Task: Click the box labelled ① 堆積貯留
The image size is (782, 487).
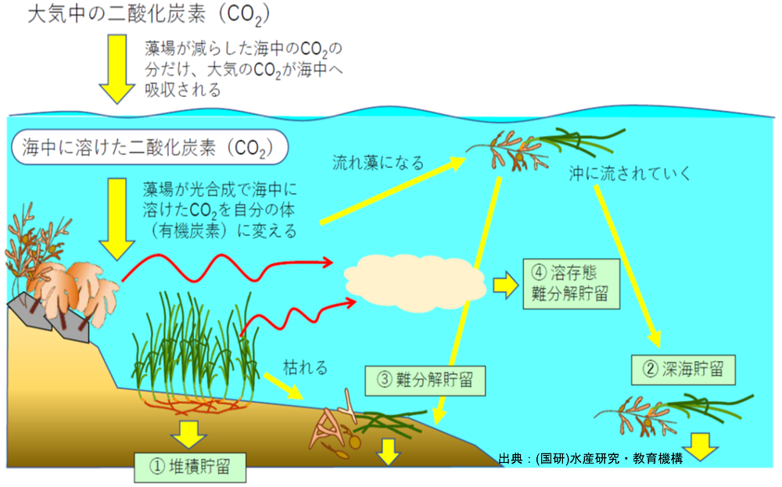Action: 190,467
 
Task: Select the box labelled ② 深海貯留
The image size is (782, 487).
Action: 683,370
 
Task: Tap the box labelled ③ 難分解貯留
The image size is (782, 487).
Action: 425,381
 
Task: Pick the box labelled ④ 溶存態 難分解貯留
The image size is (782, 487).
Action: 572,284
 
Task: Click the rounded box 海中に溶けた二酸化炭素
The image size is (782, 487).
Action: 149,148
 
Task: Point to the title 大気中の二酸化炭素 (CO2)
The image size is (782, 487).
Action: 149,15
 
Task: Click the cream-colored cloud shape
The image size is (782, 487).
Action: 415,283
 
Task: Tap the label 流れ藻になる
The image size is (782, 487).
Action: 378,163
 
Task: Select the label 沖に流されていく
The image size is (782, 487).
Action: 630,174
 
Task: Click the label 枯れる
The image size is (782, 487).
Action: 305,368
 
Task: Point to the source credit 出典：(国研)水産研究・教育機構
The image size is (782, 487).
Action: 590,459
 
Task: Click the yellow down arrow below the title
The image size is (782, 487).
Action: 117,69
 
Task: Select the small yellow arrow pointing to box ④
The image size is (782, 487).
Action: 506,285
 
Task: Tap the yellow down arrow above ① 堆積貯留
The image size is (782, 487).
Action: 188,435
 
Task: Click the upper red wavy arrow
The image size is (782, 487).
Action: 227,267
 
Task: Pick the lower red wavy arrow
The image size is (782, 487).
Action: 298,317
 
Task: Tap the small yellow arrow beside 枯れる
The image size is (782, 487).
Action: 283,386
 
